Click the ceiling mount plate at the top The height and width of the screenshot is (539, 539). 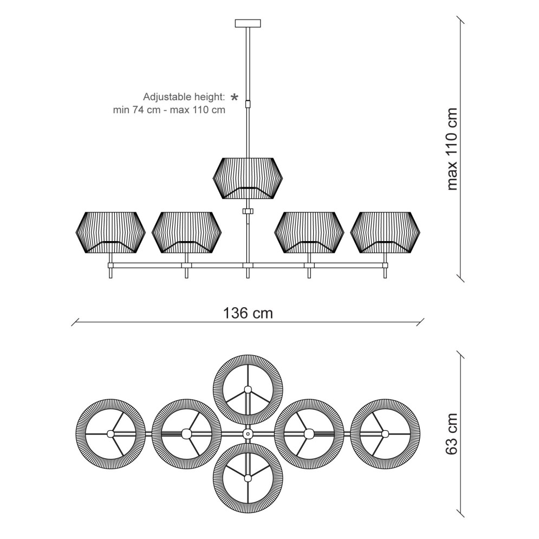(x=248, y=23)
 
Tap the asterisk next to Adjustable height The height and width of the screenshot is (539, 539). (x=234, y=98)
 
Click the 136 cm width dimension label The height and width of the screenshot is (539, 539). (x=248, y=313)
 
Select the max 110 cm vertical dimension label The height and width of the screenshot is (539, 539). (x=452, y=149)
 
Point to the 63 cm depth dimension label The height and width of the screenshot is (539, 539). (x=452, y=434)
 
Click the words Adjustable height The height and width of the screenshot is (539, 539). (x=184, y=97)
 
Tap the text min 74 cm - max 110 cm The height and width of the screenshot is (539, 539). (x=169, y=110)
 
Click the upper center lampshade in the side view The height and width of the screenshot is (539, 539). (x=248, y=178)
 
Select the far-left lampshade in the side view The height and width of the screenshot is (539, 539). (x=111, y=233)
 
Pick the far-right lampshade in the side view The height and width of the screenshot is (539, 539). (x=385, y=233)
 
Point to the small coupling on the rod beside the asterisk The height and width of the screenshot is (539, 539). (x=248, y=104)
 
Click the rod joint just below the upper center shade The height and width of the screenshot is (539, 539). (x=248, y=211)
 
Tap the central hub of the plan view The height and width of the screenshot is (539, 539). (x=248, y=434)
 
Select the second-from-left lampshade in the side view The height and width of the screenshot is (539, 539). (x=187, y=233)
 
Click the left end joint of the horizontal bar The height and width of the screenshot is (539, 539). (x=111, y=265)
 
